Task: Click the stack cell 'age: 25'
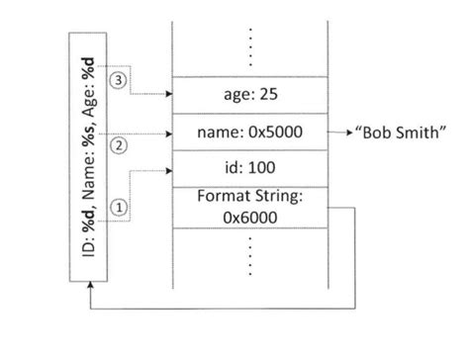250,95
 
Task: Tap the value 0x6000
250,217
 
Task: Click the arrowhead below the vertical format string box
90,283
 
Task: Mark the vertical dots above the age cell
250,45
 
